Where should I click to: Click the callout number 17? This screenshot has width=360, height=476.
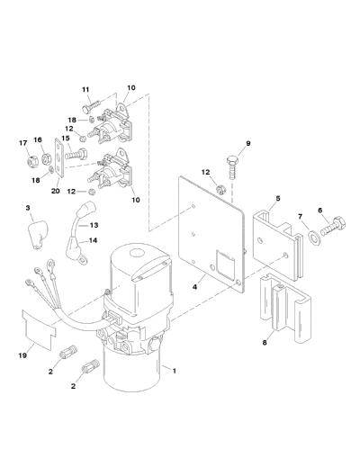pos(23,143)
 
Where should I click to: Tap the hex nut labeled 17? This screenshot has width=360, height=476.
pos(33,161)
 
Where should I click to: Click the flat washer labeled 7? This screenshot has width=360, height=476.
pos(313,237)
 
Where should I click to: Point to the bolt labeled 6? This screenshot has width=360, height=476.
pos(333,228)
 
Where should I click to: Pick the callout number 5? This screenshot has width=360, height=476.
pos(278,199)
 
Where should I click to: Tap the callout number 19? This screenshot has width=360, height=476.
pos(22,355)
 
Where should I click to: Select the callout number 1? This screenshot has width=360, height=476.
pos(175,371)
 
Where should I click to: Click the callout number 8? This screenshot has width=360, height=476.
pos(265,343)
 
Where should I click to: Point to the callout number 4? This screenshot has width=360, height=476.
pos(195,286)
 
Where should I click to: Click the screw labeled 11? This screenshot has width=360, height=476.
pos(91,105)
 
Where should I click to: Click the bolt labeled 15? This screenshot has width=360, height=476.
pos(76,154)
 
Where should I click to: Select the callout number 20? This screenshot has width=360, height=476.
pos(56,191)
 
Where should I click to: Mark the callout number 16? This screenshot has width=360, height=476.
pos(38,140)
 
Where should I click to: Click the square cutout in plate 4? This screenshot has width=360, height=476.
pos(225,265)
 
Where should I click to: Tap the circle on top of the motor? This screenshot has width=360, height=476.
pos(137,253)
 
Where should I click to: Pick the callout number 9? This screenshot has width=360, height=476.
pos(248,143)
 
